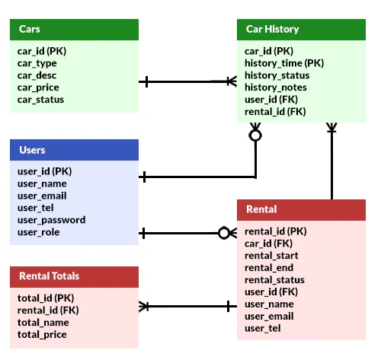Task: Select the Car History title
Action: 272,29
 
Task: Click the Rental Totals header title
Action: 50,276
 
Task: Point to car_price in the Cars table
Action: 38,88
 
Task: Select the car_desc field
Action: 37,75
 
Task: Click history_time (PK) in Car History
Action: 284,63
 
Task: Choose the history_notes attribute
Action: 276,88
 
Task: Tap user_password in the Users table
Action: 51,220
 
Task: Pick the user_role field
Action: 38,232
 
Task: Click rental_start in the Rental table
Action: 271,256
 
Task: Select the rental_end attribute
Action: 269,268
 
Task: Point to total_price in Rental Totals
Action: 42,335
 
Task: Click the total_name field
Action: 43,323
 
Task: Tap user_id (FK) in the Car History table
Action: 271,100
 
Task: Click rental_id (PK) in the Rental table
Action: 276,231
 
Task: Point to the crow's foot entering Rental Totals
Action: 143,307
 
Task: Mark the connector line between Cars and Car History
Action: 188,81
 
